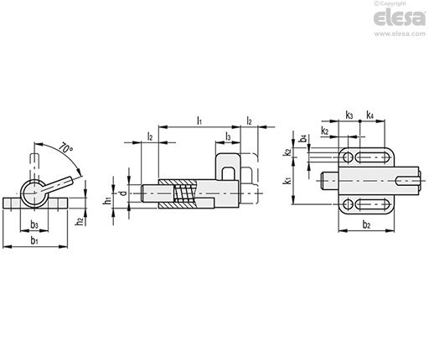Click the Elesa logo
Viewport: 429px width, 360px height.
400,18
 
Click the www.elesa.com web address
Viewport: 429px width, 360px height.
400,33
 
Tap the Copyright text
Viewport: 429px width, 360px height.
390,3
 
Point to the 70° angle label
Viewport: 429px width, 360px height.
66,147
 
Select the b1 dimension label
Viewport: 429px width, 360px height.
34,240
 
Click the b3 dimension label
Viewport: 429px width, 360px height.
34,224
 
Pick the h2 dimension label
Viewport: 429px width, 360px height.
80,221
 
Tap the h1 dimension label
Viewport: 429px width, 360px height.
107,200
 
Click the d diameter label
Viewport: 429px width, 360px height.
123,193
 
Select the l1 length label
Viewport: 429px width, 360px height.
199,121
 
